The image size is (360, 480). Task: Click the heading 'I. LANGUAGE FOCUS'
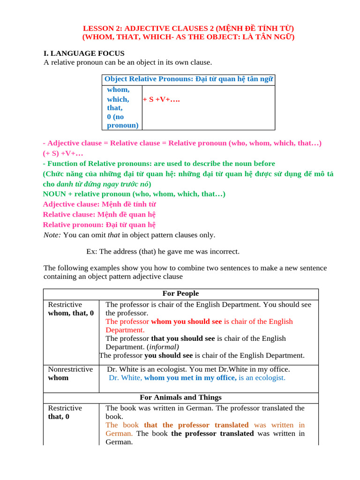(84, 53)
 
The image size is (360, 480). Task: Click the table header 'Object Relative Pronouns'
(149, 79)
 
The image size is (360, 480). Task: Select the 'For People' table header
(180, 293)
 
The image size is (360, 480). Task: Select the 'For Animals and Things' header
(180, 397)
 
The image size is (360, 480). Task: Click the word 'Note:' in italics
(52, 235)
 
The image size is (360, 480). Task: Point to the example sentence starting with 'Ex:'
(163, 252)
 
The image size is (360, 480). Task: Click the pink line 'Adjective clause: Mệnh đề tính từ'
(99, 204)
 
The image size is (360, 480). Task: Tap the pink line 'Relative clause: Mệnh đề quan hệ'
(99, 215)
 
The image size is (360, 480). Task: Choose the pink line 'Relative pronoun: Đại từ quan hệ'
(99, 225)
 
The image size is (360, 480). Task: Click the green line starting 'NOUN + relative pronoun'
(134, 194)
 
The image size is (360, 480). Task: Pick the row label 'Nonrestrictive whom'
(70, 374)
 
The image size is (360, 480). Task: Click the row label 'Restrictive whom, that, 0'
(70, 309)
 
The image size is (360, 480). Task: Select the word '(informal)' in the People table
(163, 347)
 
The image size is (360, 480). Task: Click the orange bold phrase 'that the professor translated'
(196, 425)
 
